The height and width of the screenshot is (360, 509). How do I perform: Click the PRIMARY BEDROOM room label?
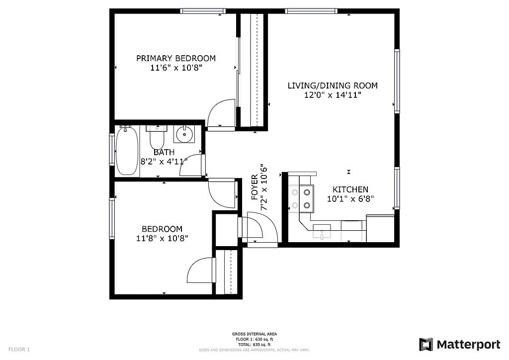tap(176, 59)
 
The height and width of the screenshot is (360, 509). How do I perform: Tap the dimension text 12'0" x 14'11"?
tap(333, 95)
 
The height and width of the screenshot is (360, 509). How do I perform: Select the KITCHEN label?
tap(350, 189)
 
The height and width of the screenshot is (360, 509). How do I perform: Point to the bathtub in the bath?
tap(127, 151)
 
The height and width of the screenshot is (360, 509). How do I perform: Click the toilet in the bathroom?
tap(157, 137)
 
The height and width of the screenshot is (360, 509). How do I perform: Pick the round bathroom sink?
tap(184, 134)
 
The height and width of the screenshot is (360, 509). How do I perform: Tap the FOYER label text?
tap(254, 187)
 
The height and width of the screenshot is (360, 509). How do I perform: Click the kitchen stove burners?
tap(301, 199)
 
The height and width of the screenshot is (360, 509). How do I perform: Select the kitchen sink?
tap(322, 231)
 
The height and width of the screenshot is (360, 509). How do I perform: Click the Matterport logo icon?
tap(426, 345)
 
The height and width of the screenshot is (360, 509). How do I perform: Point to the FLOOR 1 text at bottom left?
tap(19, 350)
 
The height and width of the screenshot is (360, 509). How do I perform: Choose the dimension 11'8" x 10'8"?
tap(162, 239)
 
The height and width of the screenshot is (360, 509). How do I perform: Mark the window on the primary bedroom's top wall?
tap(203, 11)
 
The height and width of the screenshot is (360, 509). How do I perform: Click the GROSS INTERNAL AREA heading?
tap(254, 334)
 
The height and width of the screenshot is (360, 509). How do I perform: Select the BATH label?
tap(164, 152)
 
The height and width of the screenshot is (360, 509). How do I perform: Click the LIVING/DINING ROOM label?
tap(333, 86)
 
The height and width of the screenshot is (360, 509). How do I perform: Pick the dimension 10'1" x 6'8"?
tap(350, 199)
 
